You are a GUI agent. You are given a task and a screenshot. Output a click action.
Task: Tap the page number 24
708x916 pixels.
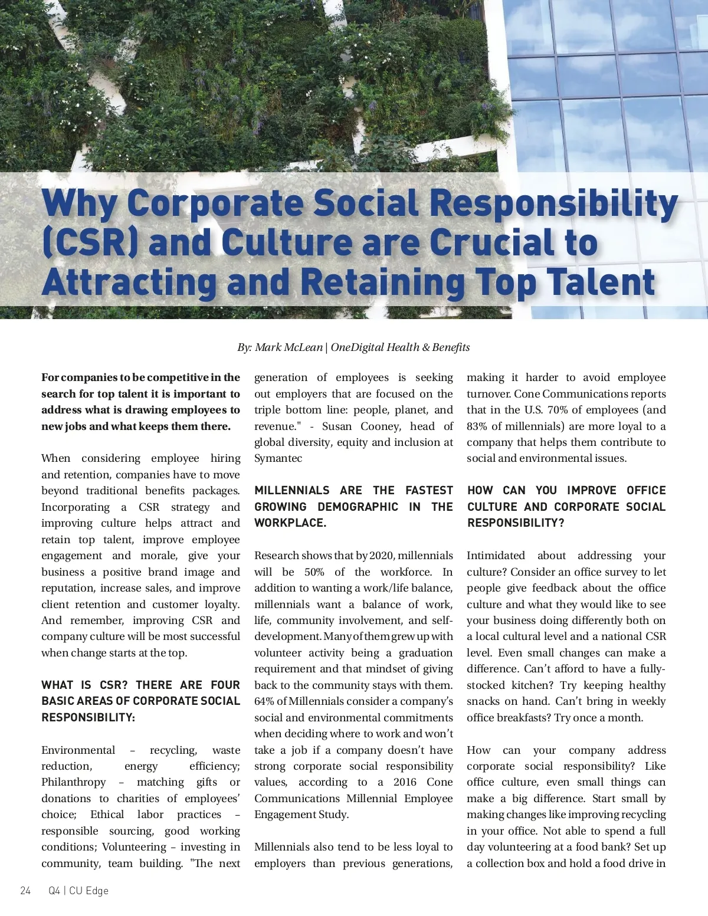[25, 891]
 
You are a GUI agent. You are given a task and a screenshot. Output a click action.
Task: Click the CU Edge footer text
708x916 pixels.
[88, 891]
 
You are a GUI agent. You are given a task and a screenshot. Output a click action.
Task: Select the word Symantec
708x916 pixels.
[278, 458]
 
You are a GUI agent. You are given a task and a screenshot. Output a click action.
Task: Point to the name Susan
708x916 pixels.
[337, 426]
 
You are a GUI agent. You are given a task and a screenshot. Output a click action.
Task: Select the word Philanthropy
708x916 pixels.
[73, 782]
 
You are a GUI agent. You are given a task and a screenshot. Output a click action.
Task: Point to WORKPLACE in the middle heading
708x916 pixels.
[290, 523]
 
